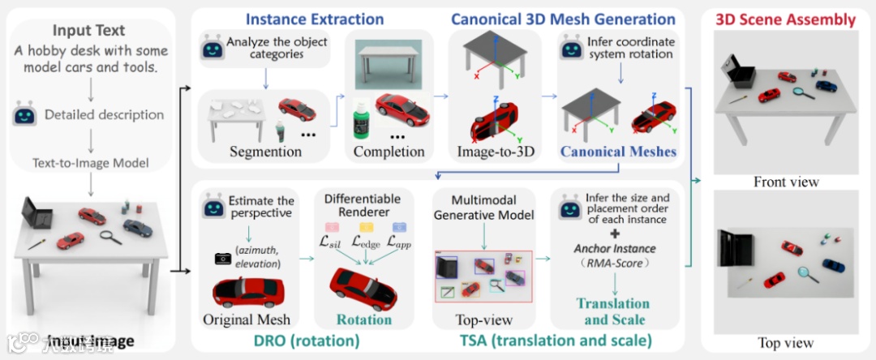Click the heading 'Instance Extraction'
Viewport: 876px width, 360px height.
[315, 19]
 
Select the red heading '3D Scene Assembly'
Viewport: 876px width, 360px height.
[786, 19]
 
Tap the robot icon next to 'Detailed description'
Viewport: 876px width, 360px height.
[25, 115]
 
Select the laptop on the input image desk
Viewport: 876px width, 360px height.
[35, 213]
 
